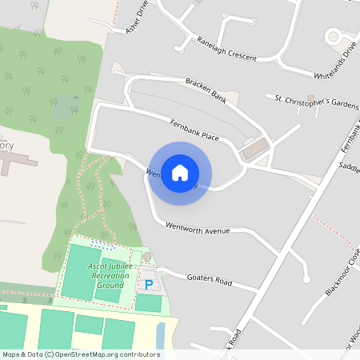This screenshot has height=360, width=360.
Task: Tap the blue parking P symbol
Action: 149,284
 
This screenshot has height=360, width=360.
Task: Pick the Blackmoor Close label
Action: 343,271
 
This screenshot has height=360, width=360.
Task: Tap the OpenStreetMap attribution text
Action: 81,354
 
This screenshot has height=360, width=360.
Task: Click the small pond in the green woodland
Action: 64,106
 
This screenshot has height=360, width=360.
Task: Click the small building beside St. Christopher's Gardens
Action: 298,105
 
